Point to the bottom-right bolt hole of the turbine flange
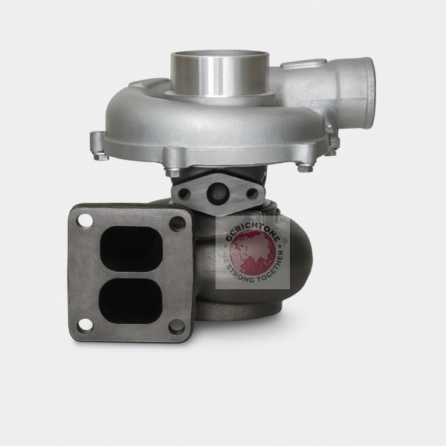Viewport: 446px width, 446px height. (175, 326)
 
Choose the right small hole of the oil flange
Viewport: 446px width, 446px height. (252, 193)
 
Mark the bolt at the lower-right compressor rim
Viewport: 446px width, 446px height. (304, 168)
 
